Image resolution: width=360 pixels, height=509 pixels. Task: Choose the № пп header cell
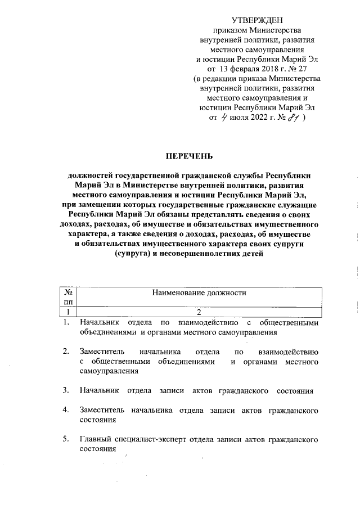(67, 298)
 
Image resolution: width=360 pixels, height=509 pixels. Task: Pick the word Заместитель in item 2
(103, 352)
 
